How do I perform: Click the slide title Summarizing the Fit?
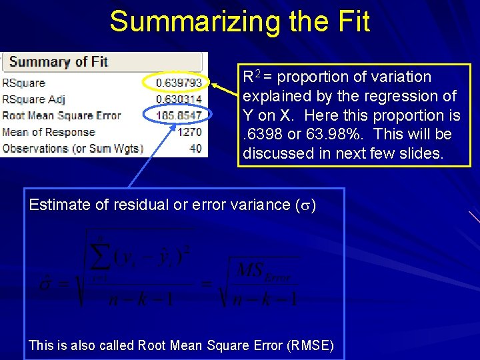click(x=239, y=21)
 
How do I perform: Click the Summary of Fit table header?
click(x=58, y=62)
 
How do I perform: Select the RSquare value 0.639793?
click(x=179, y=83)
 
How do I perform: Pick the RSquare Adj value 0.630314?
click(x=179, y=99)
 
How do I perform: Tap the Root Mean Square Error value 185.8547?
click(x=179, y=115)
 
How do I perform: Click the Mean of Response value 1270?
click(x=189, y=131)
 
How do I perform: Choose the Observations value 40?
click(x=195, y=147)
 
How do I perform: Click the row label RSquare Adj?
click(x=33, y=99)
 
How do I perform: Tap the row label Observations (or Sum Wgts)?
click(x=73, y=147)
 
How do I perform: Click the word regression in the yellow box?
click(x=401, y=96)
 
